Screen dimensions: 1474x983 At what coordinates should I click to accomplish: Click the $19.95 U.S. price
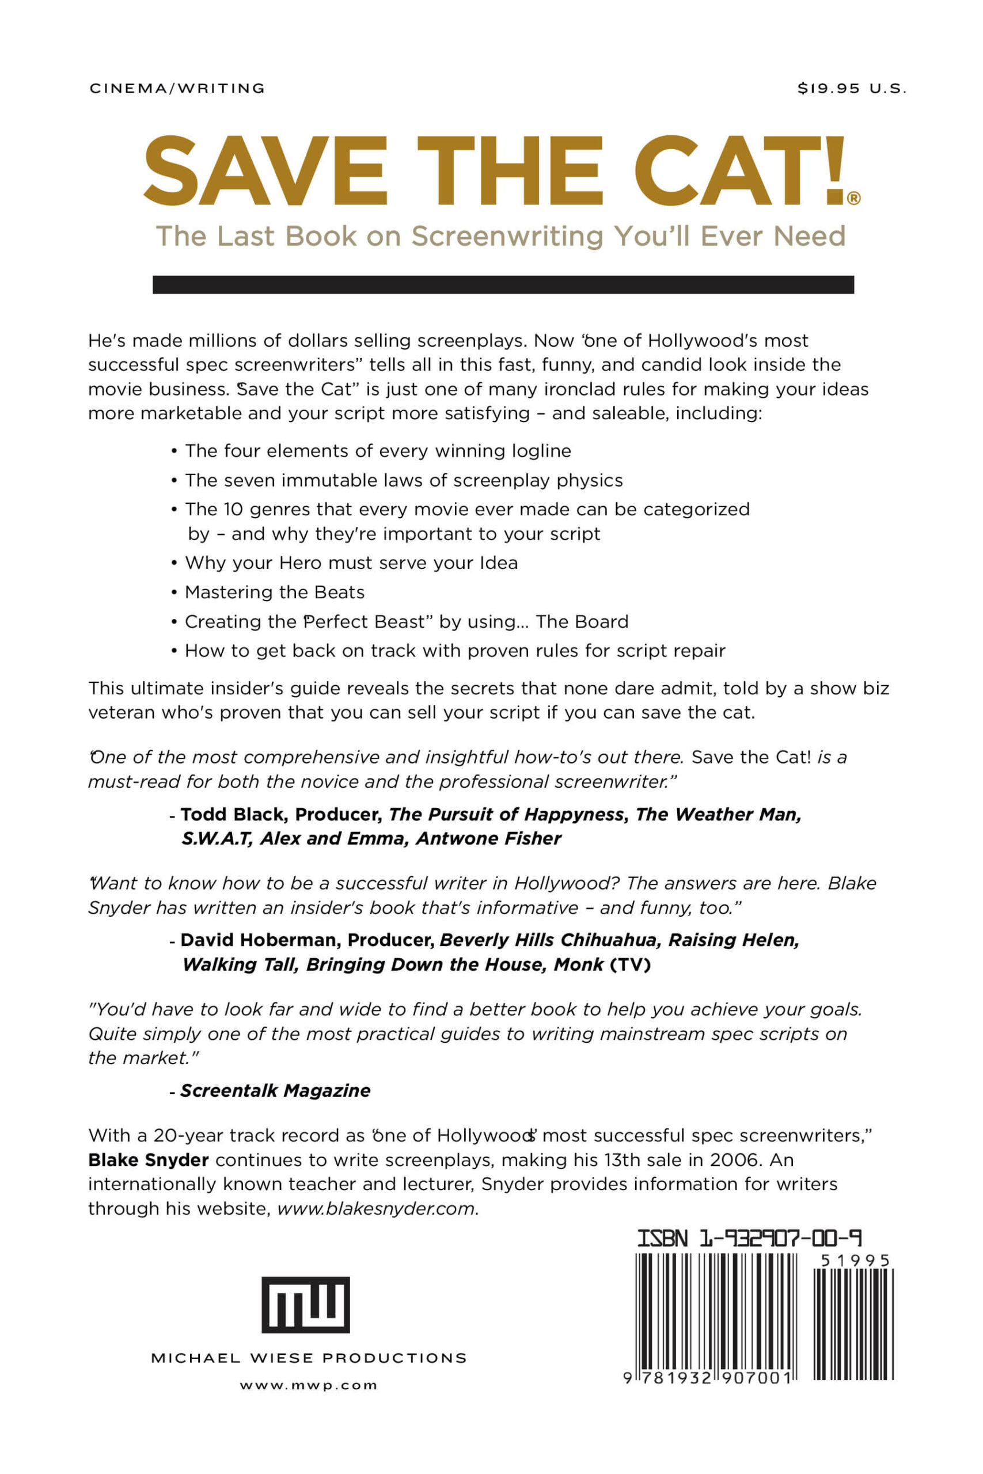point(851,88)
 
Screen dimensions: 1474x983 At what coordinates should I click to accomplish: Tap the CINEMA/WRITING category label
point(177,88)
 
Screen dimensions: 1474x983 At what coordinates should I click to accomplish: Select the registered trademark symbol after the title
point(853,199)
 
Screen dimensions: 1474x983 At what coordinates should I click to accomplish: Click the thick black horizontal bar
point(503,284)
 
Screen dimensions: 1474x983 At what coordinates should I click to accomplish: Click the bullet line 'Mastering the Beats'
point(275,592)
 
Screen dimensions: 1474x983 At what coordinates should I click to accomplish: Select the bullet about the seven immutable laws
point(404,480)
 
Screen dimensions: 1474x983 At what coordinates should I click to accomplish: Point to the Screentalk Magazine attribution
point(275,1091)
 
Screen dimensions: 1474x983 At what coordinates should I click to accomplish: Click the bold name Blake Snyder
point(148,1160)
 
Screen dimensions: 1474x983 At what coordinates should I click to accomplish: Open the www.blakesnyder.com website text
point(376,1209)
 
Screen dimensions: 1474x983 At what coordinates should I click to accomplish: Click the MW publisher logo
point(305,1305)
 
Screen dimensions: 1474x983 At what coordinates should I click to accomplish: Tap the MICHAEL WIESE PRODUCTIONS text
point(309,1358)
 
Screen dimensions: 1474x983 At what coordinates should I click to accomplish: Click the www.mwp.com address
point(309,1386)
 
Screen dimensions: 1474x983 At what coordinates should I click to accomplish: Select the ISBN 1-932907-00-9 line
point(749,1239)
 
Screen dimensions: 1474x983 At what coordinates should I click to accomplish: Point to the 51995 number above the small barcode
point(855,1260)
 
